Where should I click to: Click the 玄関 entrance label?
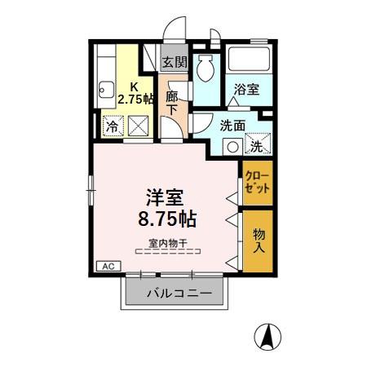click(x=174, y=61)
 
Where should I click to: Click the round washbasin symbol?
click(x=232, y=148)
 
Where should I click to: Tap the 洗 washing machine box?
click(x=256, y=147)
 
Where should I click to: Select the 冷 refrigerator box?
click(x=110, y=126)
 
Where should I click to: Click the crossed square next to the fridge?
click(x=137, y=126)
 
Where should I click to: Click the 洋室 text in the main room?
click(x=165, y=197)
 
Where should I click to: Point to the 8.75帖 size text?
click(x=165, y=219)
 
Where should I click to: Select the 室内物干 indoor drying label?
click(x=167, y=241)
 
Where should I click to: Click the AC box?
click(x=107, y=266)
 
